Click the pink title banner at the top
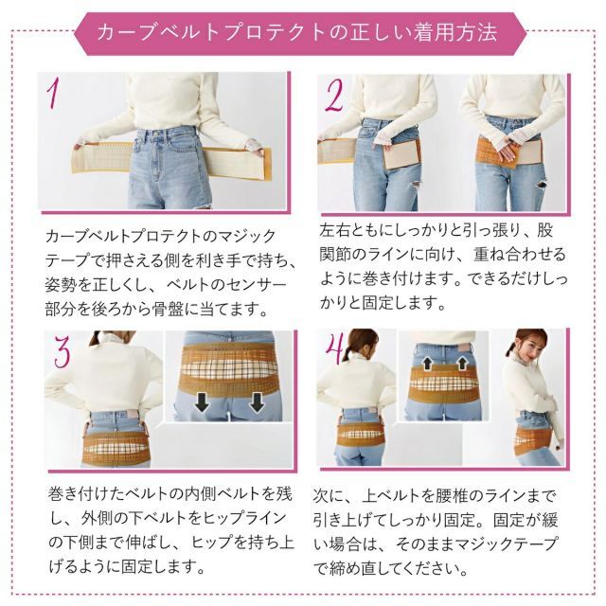click(300, 34)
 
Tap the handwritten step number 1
click(54, 94)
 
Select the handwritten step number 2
click(334, 97)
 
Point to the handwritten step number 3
click(62, 351)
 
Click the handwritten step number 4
click(334, 348)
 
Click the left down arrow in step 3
click(202, 401)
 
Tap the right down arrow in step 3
click(257, 401)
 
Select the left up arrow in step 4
click(428, 364)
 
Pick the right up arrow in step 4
click(462, 364)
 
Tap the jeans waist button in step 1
click(155, 134)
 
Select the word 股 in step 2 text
click(545, 230)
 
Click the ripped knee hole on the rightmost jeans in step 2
click(542, 185)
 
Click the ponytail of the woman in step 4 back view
click(350, 352)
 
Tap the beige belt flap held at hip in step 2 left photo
click(401, 153)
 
